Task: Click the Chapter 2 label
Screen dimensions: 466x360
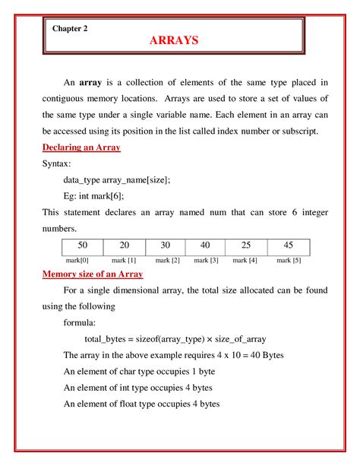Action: [x=71, y=28]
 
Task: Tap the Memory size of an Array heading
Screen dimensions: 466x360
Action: [x=98, y=274]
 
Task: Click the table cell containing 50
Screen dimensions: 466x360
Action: [x=82, y=246]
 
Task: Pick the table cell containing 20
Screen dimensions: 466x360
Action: [x=123, y=246]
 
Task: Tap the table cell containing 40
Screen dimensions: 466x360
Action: [x=205, y=246]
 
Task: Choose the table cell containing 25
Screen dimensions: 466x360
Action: [x=245, y=246]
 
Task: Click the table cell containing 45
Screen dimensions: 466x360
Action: [x=288, y=246]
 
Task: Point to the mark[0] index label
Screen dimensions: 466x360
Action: [x=79, y=260]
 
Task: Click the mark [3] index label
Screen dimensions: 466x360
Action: [x=206, y=260]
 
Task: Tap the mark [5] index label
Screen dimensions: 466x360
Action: [x=289, y=260]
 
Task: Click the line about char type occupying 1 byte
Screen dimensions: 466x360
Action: [x=141, y=371]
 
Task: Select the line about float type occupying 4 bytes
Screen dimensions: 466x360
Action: [x=142, y=404]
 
